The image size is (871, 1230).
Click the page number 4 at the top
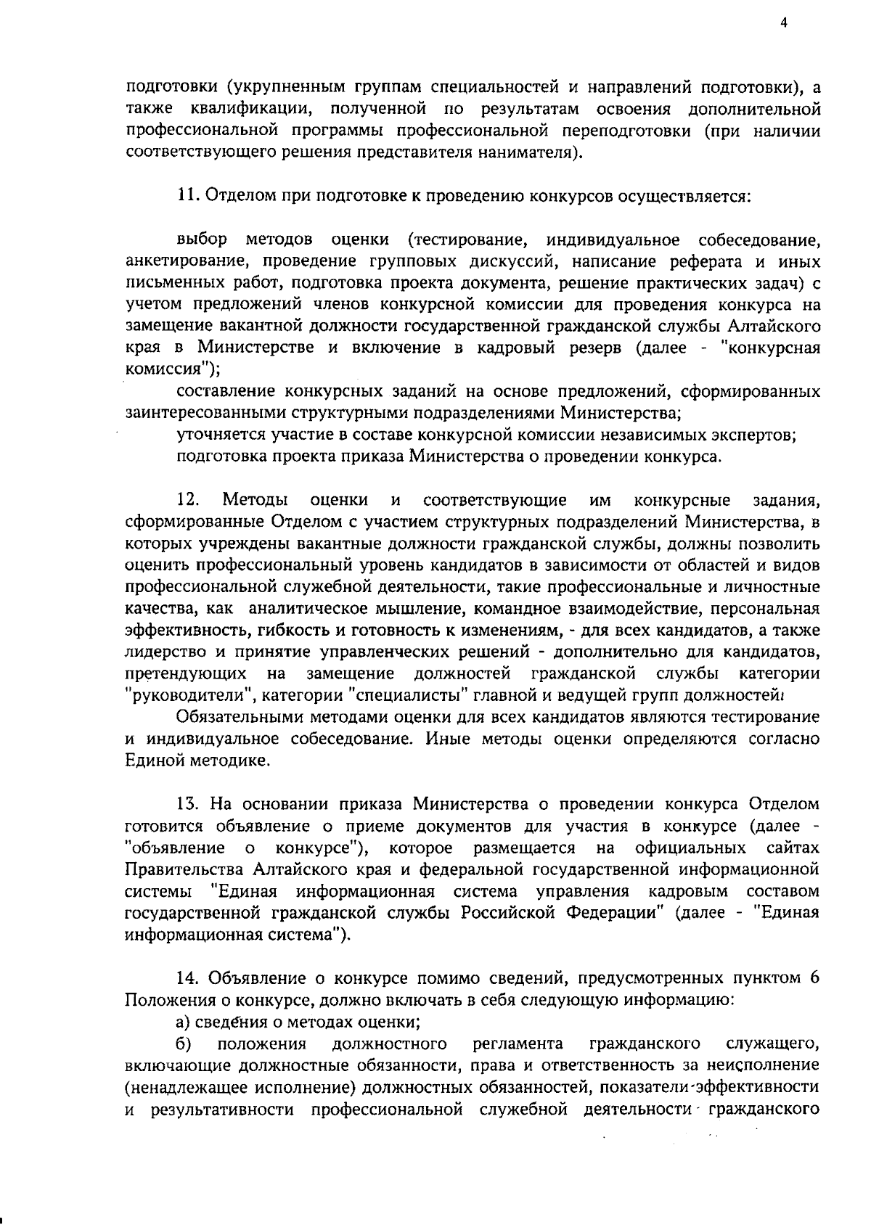783,22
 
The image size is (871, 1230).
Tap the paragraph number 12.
187,500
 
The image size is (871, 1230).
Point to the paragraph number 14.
187,977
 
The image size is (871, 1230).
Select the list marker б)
183,1044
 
